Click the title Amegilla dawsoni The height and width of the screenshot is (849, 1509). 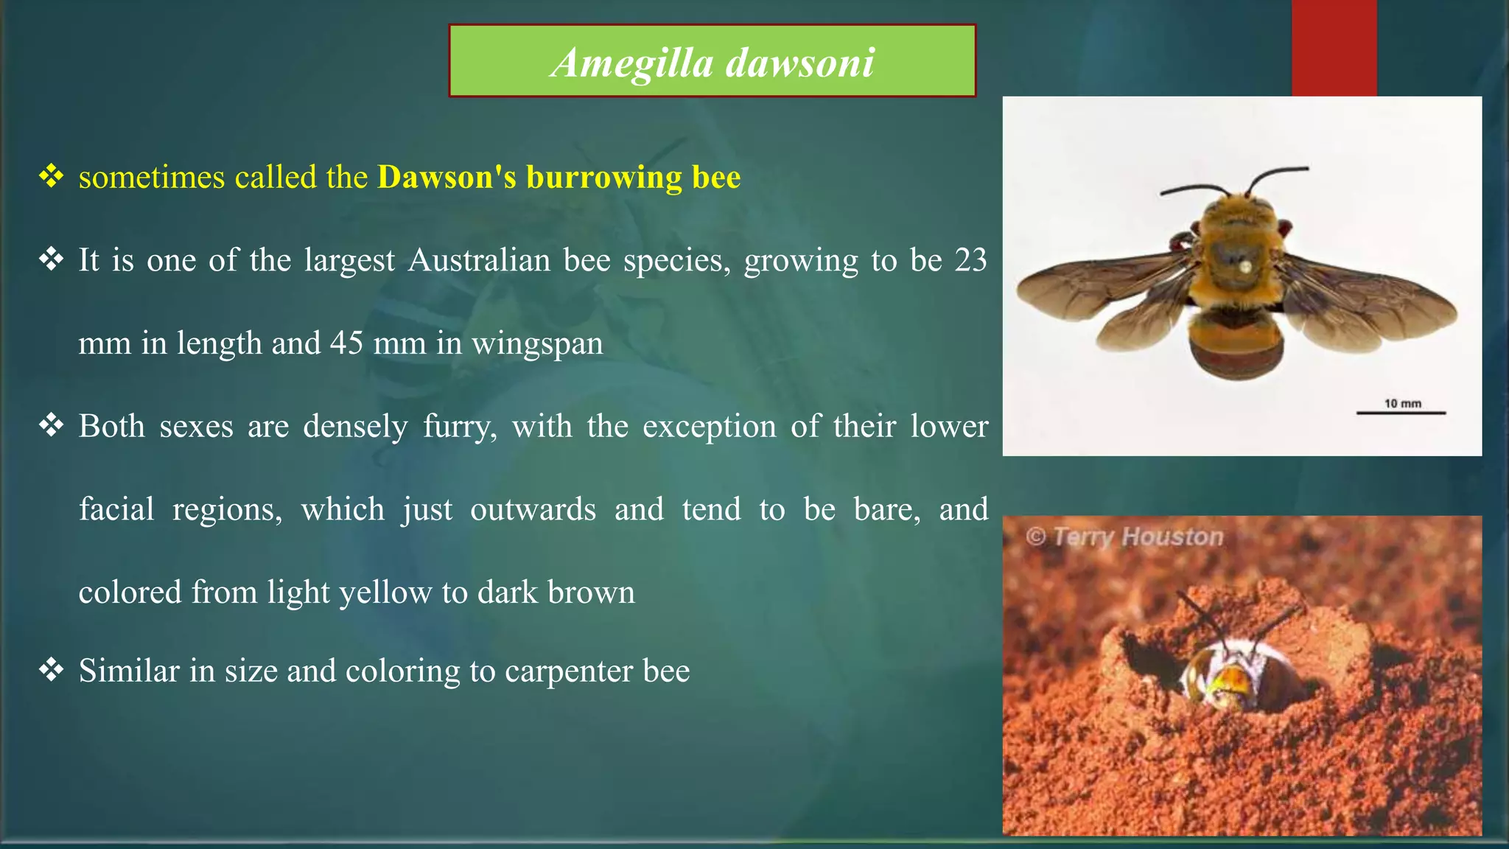point(712,62)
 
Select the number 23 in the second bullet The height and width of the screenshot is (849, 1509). point(970,260)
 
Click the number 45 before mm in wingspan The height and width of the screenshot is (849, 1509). point(346,343)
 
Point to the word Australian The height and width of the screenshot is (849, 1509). point(479,260)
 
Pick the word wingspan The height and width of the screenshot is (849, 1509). point(537,344)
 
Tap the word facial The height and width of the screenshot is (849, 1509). point(116,509)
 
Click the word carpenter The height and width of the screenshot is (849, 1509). point(569,671)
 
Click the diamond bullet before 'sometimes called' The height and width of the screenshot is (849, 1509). point(52,176)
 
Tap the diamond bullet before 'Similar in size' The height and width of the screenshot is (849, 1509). point(52,670)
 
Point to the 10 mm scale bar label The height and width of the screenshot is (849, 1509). point(1402,403)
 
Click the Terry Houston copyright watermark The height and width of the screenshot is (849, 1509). point(1124,537)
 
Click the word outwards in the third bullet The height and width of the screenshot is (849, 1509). point(533,509)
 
